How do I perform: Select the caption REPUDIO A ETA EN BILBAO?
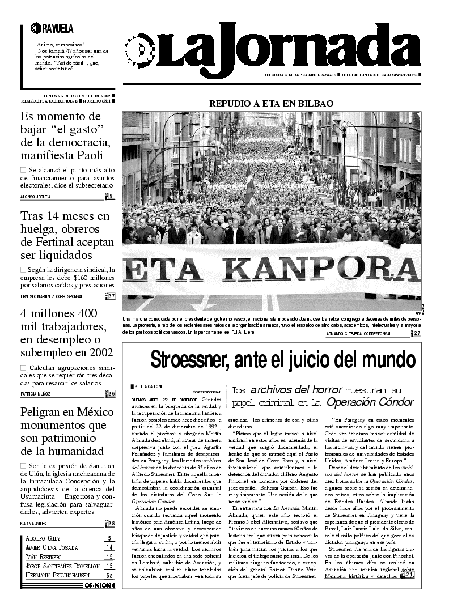(271, 103)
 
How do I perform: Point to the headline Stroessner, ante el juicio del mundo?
(283, 360)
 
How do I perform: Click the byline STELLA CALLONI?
(149, 386)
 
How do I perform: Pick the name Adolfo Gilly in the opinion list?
(43, 538)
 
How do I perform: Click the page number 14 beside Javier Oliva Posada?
(109, 547)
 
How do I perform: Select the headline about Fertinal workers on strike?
(65, 235)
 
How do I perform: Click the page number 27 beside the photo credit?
(417, 333)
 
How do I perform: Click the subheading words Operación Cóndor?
(370, 402)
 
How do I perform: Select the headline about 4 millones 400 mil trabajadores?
(66, 333)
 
